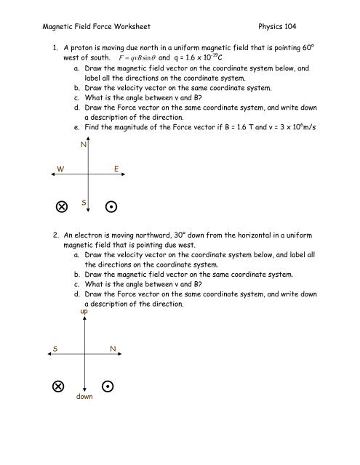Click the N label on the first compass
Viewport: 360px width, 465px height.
[84, 145]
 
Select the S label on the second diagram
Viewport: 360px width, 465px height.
[55, 349]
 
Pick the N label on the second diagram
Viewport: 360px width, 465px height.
[113, 349]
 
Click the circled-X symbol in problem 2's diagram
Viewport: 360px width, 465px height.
[57, 386]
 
